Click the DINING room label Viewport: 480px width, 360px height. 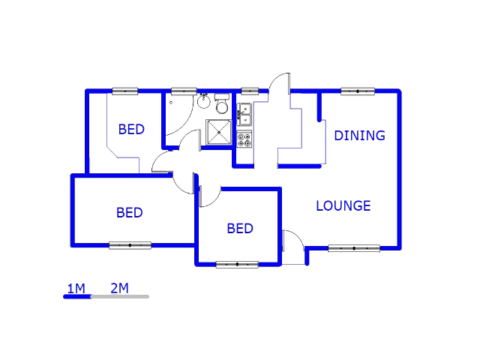(x=359, y=136)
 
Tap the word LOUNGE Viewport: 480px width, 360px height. (x=343, y=205)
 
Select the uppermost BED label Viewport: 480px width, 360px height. (x=131, y=130)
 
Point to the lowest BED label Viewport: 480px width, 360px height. (x=240, y=229)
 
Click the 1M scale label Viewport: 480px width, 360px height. (x=76, y=288)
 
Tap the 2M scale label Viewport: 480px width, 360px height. (x=119, y=288)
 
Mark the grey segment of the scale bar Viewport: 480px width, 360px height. (x=120, y=297)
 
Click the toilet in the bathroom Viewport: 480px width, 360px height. (x=222, y=102)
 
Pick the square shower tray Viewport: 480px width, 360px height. (x=219, y=132)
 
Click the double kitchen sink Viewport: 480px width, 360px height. (x=244, y=114)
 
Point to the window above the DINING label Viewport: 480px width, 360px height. (x=357, y=91)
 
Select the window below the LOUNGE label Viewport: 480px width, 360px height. (x=354, y=248)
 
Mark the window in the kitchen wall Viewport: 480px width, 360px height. (x=250, y=91)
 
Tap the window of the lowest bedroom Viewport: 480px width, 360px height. (x=237, y=264)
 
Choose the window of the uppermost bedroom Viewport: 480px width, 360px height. (x=125, y=91)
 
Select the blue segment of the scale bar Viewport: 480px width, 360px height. (x=77, y=297)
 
